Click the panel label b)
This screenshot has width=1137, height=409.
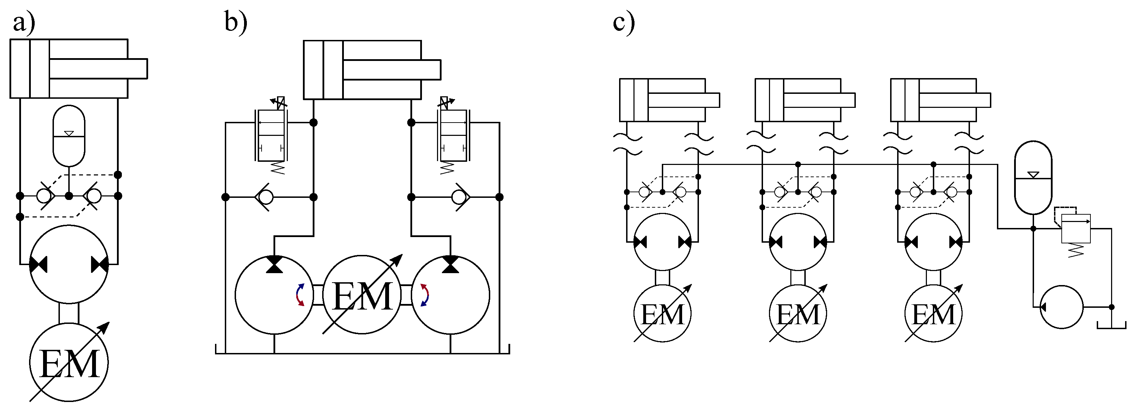point(236,22)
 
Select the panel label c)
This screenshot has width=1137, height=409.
point(624,22)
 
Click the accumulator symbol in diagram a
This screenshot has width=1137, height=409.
point(69,136)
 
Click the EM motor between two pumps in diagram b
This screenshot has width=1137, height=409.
point(362,295)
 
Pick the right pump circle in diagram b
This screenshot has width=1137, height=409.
point(450,295)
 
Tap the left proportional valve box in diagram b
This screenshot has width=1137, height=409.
point(271,136)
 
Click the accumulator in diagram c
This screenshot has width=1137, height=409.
point(1033,178)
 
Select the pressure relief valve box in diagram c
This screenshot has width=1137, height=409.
point(1076,229)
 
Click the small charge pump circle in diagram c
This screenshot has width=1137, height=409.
point(1061,307)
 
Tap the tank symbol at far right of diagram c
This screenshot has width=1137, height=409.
point(1111,325)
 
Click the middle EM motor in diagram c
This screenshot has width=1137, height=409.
point(798,314)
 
